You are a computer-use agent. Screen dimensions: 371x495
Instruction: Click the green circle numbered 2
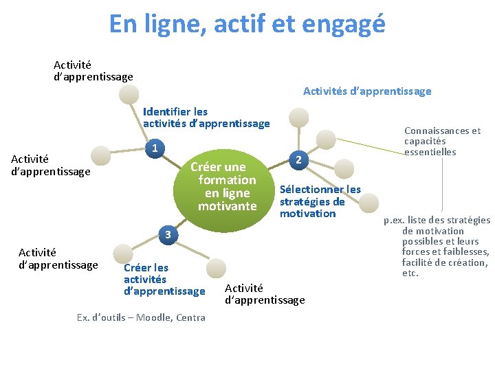(298, 160)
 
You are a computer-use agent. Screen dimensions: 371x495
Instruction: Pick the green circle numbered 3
(166, 236)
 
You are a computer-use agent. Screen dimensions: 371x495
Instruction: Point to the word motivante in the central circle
(227, 206)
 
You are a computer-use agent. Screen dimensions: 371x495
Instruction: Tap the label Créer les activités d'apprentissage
(164, 279)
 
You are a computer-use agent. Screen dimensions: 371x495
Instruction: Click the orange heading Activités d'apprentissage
(367, 91)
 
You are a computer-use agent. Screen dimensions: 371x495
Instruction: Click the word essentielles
(430, 152)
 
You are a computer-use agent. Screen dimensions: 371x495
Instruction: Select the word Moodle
(157, 317)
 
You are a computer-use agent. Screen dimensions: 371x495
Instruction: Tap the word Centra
(190, 317)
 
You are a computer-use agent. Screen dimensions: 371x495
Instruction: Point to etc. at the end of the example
(410, 273)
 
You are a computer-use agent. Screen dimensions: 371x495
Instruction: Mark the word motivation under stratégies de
(307, 214)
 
